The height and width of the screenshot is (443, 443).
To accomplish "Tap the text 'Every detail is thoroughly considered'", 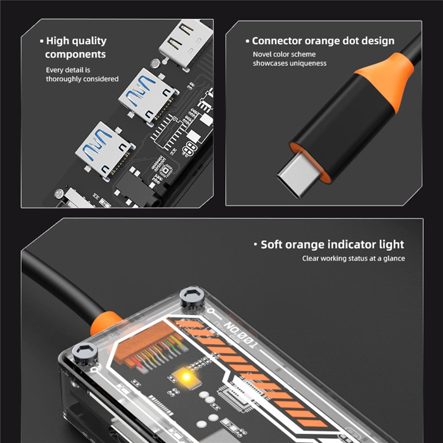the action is pos(82,74).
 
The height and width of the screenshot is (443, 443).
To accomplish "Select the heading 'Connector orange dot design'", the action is pos(320,41).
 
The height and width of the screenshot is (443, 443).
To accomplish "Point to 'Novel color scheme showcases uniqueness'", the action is pos(290,58).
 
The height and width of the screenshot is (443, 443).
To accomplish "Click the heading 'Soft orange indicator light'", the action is pos(329,245).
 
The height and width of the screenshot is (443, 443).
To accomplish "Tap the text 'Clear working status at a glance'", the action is pos(354,258).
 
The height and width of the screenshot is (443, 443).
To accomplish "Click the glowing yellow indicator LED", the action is pos(186,377).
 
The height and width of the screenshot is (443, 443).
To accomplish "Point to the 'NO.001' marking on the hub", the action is pos(241,335).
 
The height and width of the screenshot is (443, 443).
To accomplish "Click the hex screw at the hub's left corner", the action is pos(85,353).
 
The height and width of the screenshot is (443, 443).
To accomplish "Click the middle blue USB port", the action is pos(148,96).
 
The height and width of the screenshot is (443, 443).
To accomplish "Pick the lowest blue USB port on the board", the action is pos(105,150).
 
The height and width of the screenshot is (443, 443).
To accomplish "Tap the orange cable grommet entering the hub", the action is pos(105,323).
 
